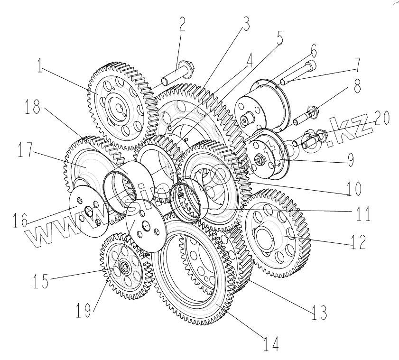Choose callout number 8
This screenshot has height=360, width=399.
tap(355, 87)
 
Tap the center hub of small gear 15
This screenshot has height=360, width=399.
tap(125, 267)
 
